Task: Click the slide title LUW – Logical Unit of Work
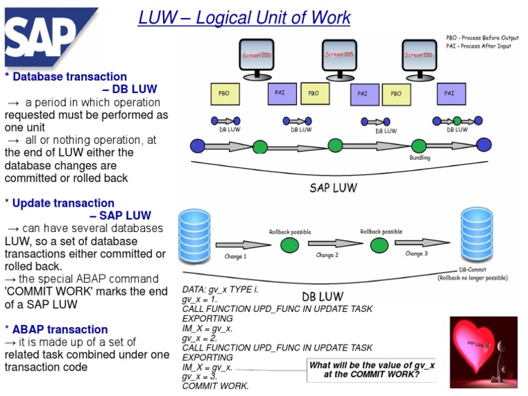(x=244, y=18)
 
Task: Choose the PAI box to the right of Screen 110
(x=449, y=93)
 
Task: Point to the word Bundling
(x=419, y=158)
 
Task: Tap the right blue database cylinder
(x=476, y=231)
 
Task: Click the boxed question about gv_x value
(x=371, y=370)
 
